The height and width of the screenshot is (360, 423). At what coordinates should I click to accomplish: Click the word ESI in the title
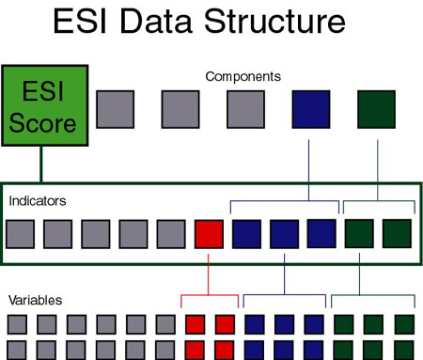coord(83,23)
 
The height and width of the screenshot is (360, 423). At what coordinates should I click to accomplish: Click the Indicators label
coord(39,200)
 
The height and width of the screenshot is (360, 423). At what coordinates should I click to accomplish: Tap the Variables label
coord(35,300)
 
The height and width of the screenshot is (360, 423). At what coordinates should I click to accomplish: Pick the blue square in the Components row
coord(309,109)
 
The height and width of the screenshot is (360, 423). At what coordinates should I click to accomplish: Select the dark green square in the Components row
coord(376,109)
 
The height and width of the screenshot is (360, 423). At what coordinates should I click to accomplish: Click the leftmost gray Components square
coord(114,109)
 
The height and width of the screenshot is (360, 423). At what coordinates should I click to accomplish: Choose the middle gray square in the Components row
coord(180,109)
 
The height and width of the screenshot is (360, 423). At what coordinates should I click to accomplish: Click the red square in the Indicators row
coord(209,234)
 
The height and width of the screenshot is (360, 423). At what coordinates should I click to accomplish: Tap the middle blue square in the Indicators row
coord(284,234)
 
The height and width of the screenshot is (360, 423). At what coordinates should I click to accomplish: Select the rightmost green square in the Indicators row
coord(397,234)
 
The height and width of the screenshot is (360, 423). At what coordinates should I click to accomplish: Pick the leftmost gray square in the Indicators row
coord(21,234)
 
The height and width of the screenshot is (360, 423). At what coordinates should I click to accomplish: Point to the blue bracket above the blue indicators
coord(285,199)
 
